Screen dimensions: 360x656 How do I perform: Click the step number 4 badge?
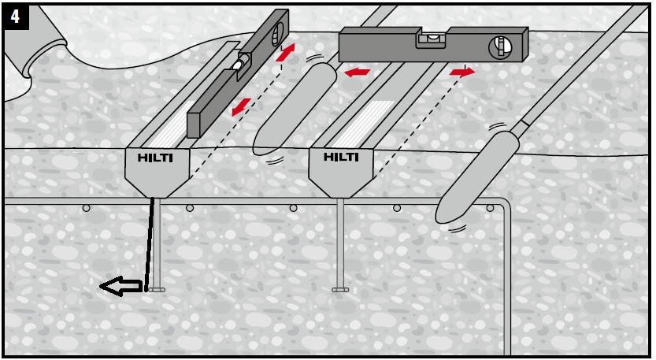[16, 17]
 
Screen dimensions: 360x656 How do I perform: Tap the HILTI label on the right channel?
[341, 158]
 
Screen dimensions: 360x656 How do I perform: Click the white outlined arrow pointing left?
[120, 288]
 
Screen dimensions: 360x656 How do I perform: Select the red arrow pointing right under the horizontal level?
[462, 72]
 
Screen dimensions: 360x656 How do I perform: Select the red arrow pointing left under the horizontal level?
[358, 72]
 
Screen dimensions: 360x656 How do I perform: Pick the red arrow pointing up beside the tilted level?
[286, 53]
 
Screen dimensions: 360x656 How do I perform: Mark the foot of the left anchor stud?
[156, 289]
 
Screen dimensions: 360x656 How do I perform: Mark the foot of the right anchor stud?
[340, 289]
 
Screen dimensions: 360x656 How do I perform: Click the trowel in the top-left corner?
[32, 43]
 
